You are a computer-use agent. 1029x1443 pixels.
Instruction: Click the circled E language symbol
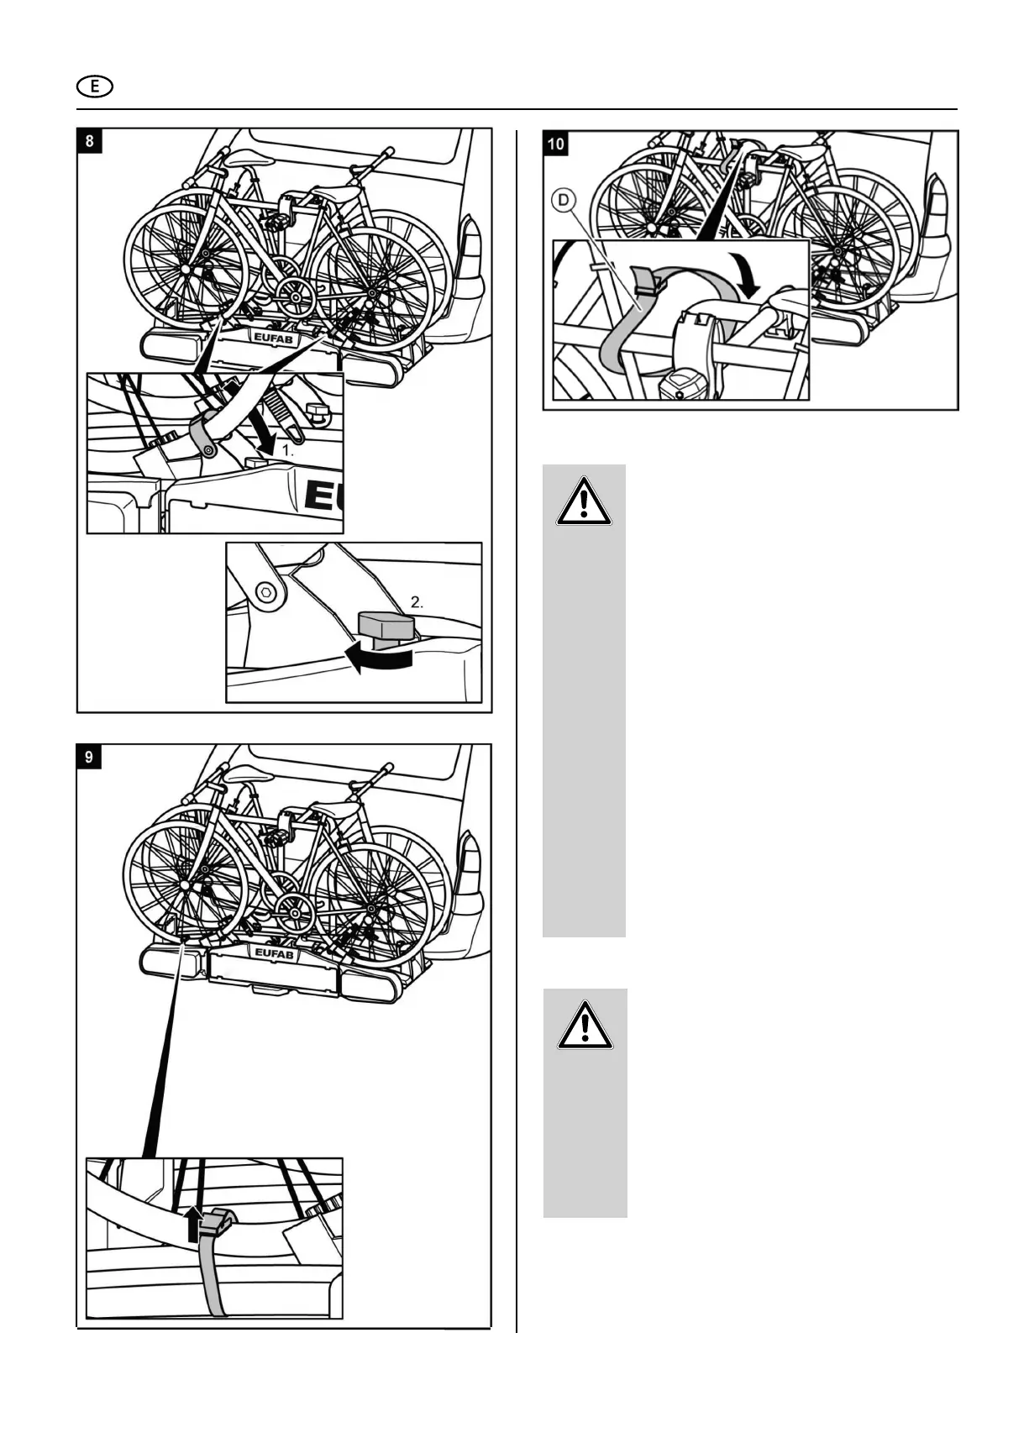(95, 86)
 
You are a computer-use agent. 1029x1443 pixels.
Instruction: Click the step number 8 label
(89, 140)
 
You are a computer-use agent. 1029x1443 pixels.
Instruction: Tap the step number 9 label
(89, 757)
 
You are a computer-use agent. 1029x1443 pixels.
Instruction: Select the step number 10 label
(556, 144)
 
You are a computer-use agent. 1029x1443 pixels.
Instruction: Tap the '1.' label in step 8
(287, 450)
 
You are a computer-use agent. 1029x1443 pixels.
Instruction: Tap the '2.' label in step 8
(417, 602)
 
